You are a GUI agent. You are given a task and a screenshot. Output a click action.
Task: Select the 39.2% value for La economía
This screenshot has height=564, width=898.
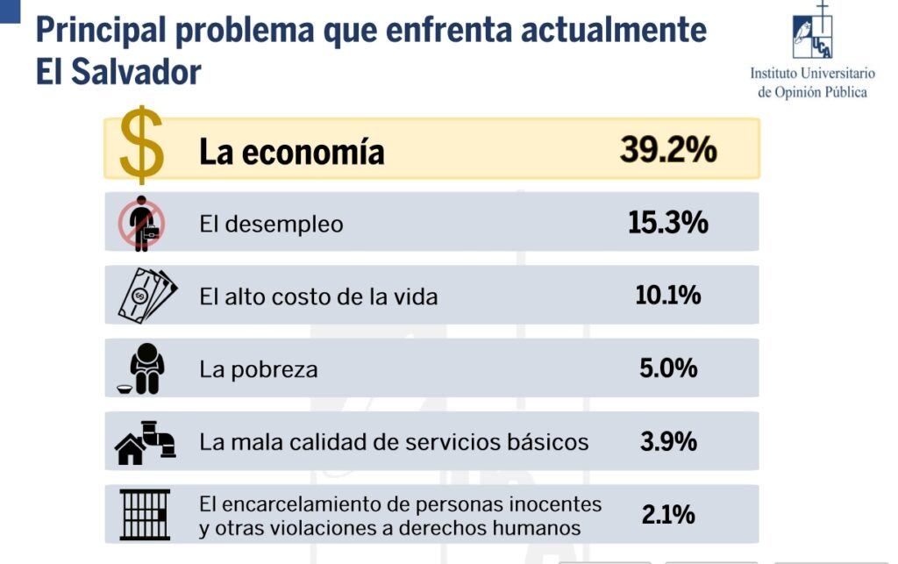click(668, 150)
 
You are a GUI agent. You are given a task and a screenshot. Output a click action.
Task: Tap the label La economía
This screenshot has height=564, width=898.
click(291, 152)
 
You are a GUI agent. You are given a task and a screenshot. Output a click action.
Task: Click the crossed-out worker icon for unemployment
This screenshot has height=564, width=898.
click(141, 223)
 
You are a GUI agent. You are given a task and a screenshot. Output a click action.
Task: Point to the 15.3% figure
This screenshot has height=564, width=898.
click(667, 223)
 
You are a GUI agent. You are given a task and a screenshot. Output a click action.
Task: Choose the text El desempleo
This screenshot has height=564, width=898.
click(271, 224)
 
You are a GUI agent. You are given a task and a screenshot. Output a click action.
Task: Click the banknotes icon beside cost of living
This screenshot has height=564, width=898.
click(146, 296)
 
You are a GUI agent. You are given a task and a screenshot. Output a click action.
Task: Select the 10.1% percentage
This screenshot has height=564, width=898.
click(667, 296)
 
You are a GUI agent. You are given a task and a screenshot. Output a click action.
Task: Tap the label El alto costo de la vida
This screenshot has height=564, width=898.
click(318, 296)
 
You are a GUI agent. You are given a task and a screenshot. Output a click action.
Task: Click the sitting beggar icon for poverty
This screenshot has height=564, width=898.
click(143, 368)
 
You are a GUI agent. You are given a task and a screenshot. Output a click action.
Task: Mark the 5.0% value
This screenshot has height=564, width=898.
click(668, 368)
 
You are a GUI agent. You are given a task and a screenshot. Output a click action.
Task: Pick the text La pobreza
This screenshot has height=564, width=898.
click(258, 369)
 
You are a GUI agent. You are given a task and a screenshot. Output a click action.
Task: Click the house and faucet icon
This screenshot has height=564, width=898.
click(145, 441)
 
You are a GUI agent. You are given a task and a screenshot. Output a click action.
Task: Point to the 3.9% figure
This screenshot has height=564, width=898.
click(668, 441)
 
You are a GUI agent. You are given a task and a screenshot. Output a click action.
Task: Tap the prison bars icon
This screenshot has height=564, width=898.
click(145, 513)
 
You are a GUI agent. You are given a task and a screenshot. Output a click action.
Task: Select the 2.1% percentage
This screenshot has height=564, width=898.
click(668, 514)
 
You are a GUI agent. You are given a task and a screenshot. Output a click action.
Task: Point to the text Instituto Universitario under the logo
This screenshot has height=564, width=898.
click(812, 74)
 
